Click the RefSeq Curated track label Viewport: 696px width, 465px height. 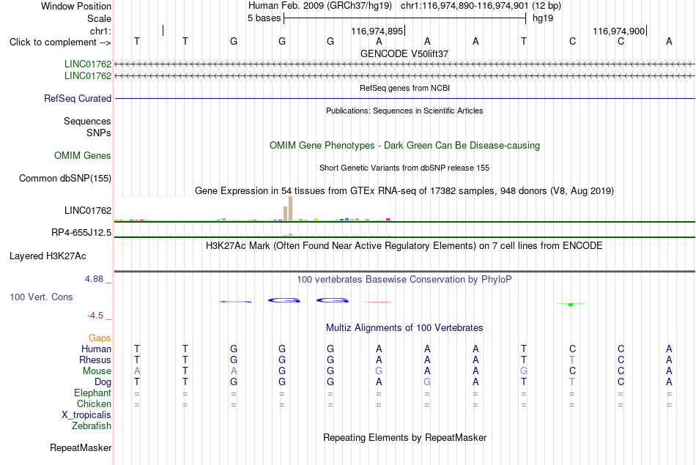(78, 99)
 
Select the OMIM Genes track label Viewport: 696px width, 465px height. (83, 156)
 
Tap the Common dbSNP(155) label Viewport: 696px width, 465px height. (65, 179)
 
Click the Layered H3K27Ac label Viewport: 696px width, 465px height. (48, 256)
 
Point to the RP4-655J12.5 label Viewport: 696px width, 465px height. (81, 233)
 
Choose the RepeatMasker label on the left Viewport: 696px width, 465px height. (81, 447)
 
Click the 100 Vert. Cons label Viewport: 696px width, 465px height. (41, 297)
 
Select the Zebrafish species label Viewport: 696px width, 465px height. (92, 426)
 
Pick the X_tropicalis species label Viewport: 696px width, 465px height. (86, 415)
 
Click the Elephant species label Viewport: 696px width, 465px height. (93, 393)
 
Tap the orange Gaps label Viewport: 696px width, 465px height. (100, 338)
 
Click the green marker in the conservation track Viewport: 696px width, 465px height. (571, 305)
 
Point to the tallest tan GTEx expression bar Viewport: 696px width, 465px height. (290, 208)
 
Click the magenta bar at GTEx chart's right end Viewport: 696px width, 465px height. (388, 219)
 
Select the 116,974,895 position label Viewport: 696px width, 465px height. (377, 31)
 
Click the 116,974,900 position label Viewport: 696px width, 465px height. (619, 31)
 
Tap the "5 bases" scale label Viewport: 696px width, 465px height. (264, 18)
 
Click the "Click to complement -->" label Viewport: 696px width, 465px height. (60, 42)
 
